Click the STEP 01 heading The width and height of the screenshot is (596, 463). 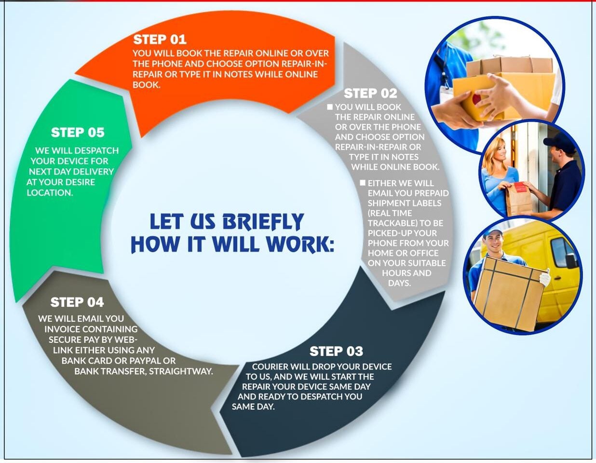(x=160, y=40)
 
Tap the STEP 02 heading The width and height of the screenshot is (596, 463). (x=370, y=93)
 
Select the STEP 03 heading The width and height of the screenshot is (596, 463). (x=336, y=352)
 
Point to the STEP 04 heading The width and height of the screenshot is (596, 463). (x=77, y=302)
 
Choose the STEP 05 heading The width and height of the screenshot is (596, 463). (x=78, y=133)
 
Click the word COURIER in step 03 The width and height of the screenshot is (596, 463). (x=270, y=367)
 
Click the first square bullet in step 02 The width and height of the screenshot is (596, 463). (x=330, y=107)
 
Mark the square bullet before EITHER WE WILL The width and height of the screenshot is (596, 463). (x=363, y=183)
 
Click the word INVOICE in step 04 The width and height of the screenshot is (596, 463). (x=62, y=329)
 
